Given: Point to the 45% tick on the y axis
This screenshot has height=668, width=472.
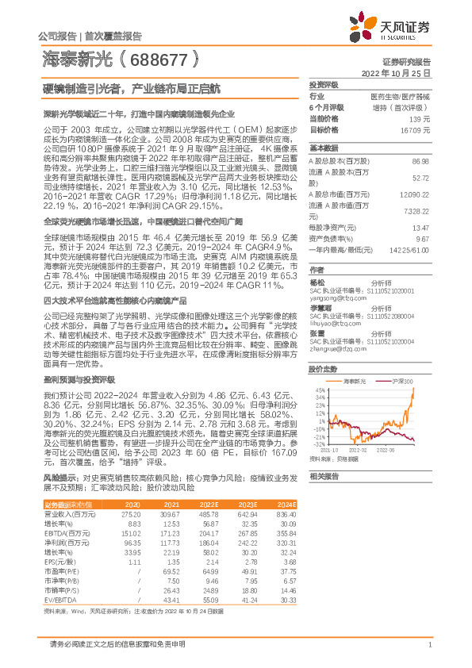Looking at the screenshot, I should [319, 390].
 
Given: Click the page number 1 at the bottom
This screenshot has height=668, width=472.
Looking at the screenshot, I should [428, 652].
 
